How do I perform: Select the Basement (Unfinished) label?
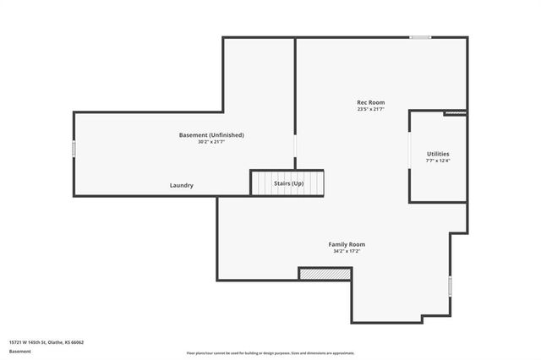(x=211, y=135)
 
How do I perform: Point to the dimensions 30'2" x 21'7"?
(x=211, y=142)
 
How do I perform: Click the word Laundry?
(x=182, y=185)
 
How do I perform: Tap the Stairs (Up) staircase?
(x=287, y=183)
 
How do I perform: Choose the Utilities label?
(x=438, y=153)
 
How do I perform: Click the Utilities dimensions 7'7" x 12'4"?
(x=438, y=161)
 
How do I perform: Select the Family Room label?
(x=347, y=244)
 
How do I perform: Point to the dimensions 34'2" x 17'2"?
(x=347, y=251)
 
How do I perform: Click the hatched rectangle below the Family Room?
(x=325, y=274)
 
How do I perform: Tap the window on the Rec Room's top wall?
(x=420, y=37)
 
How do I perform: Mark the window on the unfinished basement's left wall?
(x=74, y=149)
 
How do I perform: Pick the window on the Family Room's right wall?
(x=450, y=286)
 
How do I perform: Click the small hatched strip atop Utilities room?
(x=455, y=112)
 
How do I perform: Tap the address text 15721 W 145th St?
(x=46, y=342)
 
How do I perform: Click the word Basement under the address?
(x=19, y=351)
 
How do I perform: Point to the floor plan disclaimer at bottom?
(x=270, y=352)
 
